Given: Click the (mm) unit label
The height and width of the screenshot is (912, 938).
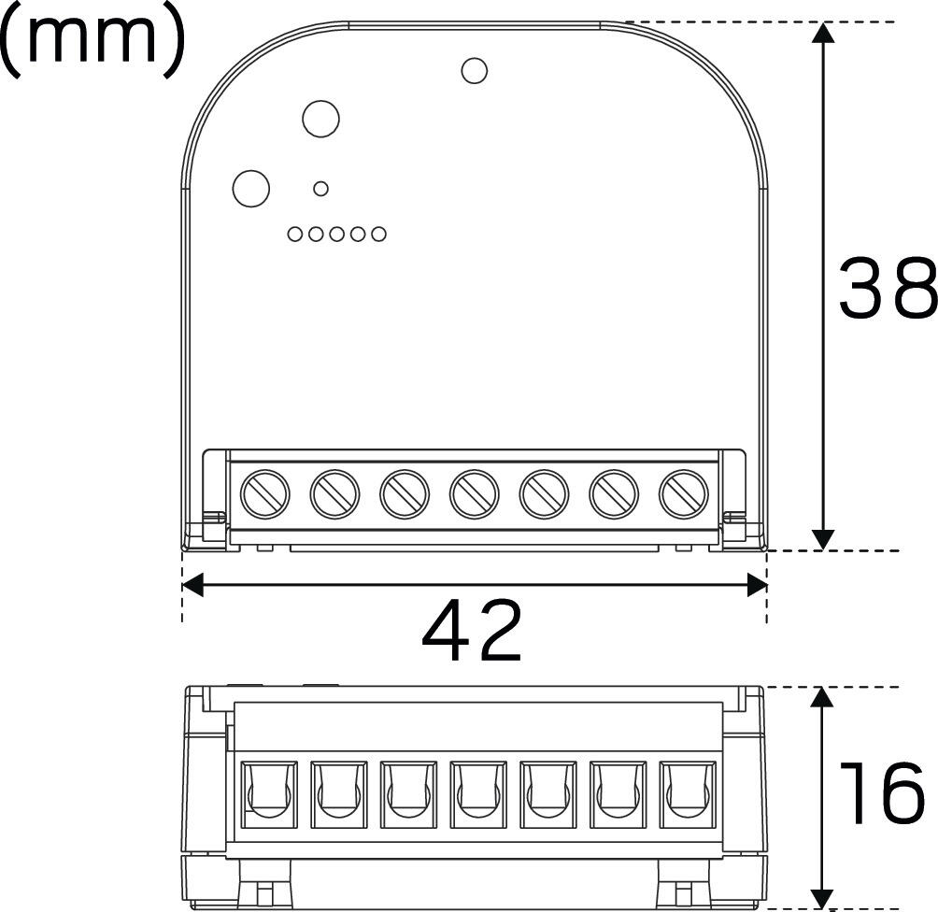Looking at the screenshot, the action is (x=92, y=39).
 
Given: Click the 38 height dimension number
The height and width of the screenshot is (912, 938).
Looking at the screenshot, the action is (x=888, y=287).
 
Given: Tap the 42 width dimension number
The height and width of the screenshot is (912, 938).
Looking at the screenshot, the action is (x=472, y=630).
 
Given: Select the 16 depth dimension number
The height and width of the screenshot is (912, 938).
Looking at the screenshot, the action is (x=882, y=794).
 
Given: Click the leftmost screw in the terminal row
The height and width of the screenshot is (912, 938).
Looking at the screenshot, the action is (x=264, y=494).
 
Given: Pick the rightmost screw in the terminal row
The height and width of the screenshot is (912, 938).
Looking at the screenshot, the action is (x=683, y=494).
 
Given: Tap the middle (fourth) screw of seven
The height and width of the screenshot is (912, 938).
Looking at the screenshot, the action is (x=475, y=494).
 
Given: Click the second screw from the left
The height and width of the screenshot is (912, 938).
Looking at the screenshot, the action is (x=334, y=494).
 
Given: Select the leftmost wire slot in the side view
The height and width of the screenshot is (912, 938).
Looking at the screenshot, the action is (x=269, y=794).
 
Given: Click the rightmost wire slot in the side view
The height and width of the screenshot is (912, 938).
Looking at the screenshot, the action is (x=688, y=794).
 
